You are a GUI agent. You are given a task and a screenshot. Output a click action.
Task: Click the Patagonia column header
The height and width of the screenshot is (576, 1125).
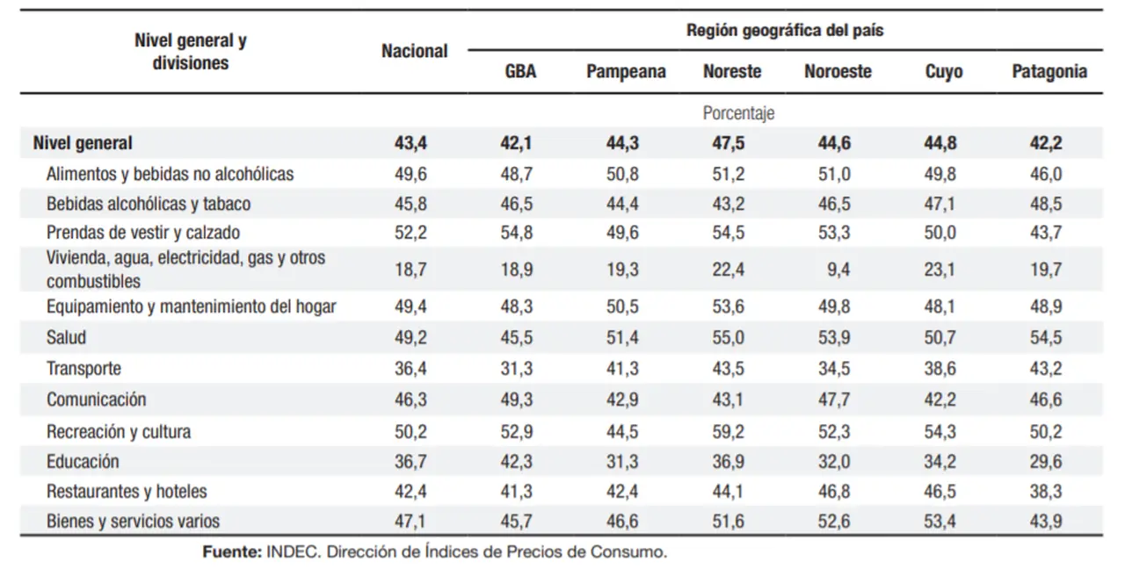click(1049, 71)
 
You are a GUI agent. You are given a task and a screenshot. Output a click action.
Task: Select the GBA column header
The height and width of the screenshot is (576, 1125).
click(520, 71)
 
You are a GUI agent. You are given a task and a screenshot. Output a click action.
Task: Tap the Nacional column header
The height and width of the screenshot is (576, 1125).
click(414, 51)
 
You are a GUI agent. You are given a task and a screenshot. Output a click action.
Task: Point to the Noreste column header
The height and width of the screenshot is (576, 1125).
click(732, 71)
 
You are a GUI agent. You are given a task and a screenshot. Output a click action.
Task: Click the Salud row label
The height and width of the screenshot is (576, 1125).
click(66, 337)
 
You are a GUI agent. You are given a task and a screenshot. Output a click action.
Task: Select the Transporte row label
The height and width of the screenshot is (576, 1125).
click(83, 368)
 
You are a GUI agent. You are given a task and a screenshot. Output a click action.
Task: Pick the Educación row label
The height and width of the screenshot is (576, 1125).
click(83, 461)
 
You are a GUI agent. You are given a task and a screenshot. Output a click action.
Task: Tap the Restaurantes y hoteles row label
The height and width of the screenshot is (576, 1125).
click(127, 491)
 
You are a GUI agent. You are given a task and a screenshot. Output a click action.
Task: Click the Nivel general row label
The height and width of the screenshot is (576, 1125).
click(83, 143)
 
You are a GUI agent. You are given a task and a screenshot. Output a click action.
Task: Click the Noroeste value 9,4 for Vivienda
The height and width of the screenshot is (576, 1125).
click(838, 270)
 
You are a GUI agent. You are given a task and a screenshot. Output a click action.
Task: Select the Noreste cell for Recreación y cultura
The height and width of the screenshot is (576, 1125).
click(729, 431)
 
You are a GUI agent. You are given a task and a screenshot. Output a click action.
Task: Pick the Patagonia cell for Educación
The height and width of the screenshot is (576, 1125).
click(1046, 461)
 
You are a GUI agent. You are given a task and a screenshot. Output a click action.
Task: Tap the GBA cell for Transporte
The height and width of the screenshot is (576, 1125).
click(516, 368)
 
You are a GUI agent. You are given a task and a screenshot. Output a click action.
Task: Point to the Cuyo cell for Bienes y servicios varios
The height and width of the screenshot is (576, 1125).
click(940, 521)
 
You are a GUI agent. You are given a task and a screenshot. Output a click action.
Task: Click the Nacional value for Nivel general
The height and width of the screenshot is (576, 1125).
click(410, 143)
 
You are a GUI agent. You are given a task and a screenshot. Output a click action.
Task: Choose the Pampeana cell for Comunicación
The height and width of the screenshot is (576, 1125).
click(622, 400)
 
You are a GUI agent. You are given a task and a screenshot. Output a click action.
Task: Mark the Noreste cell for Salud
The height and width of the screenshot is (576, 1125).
click(729, 337)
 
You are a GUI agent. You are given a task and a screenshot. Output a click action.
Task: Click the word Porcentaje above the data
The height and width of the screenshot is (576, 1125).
click(738, 113)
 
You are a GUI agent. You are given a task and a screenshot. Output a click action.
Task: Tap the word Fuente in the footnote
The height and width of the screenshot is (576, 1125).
click(232, 552)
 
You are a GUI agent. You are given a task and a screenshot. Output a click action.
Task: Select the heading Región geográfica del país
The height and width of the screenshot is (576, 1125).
click(785, 30)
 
